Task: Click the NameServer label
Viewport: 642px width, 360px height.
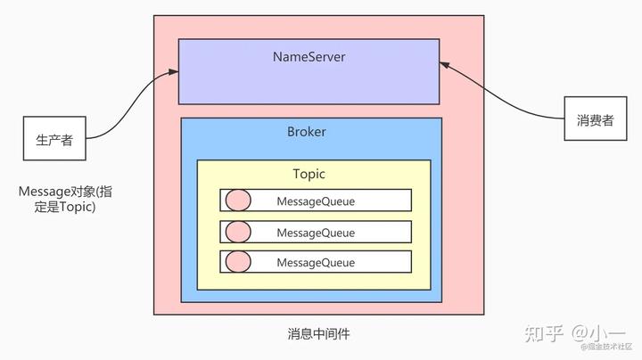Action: (309, 57)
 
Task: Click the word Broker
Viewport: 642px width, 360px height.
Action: (307, 132)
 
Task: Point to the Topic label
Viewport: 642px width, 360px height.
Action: (309, 174)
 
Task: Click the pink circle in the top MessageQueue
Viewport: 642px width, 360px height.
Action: (237, 200)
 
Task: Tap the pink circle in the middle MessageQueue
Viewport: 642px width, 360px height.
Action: (237, 232)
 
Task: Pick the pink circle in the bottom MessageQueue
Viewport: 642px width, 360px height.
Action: (237, 262)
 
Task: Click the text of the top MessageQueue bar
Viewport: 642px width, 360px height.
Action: (316, 201)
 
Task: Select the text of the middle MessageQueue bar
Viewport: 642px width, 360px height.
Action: (316, 233)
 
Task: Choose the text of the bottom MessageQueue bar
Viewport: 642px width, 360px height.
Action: (316, 263)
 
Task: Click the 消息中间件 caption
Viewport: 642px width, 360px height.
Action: (318, 334)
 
